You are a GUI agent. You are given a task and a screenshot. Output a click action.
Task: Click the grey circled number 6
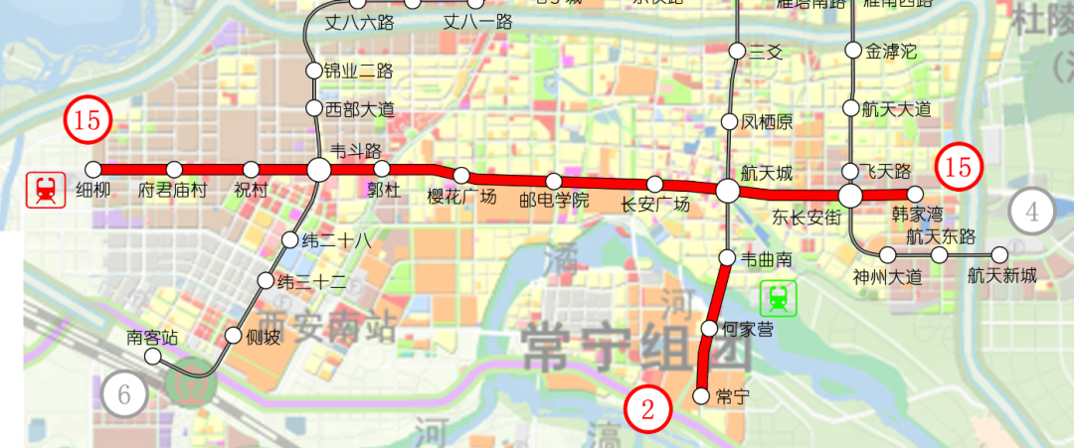click(125, 394)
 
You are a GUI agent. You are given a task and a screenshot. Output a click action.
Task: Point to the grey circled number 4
click(1032, 211)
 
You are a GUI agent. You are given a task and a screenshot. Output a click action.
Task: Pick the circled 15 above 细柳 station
click(88, 121)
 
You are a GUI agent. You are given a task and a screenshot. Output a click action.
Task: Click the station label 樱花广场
click(461, 197)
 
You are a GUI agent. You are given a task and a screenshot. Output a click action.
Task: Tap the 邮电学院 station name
click(555, 200)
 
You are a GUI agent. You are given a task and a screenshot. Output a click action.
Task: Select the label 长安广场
click(654, 205)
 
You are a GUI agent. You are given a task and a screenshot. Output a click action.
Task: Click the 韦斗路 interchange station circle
click(318, 170)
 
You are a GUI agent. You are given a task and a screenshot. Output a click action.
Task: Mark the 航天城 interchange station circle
click(728, 191)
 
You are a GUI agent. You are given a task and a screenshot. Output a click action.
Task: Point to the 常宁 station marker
click(700, 396)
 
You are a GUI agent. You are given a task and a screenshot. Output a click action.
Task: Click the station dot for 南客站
click(153, 357)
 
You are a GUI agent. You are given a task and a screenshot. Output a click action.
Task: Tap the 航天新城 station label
click(1001, 276)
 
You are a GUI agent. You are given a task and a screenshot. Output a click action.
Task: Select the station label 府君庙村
click(173, 190)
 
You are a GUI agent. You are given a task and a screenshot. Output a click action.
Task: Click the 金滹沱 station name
click(891, 51)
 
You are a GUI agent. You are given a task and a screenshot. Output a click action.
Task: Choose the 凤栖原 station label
click(767, 122)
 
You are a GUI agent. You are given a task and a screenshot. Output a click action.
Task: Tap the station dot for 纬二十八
click(289, 239)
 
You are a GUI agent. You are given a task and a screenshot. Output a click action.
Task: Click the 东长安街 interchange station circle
click(851, 195)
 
